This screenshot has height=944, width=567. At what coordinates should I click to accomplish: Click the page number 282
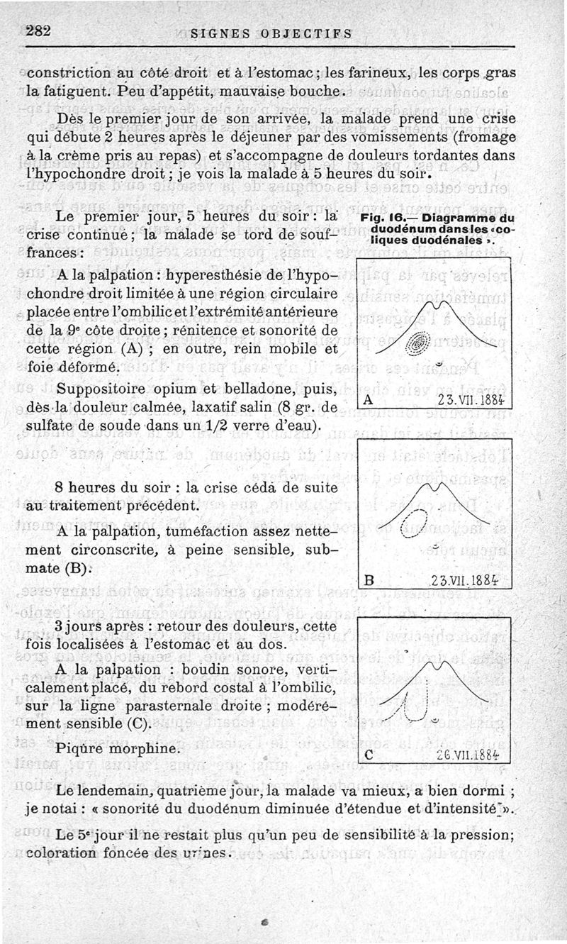41,31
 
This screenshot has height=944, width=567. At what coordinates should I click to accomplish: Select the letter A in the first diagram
367,400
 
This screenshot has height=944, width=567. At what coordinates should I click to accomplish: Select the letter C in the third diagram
368,755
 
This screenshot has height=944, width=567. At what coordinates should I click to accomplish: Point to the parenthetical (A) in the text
129,350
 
